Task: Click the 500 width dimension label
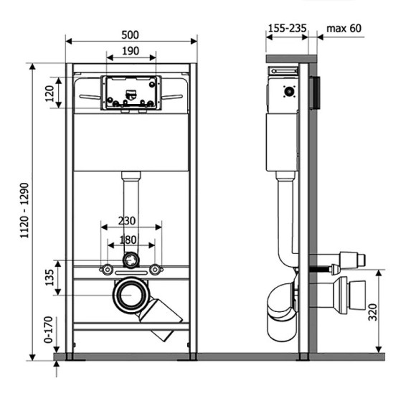[x=131, y=34]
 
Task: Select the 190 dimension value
[x=131, y=52]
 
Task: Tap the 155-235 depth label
[x=287, y=28]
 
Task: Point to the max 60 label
[x=344, y=28]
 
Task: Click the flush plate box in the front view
[x=131, y=93]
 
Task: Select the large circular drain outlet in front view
[x=131, y=295]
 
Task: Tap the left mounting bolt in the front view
[x=107, y=270]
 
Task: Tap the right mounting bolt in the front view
[x=154, y=270]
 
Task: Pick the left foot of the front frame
[x=69, y=355]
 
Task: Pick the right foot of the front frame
[x=192, y=355]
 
